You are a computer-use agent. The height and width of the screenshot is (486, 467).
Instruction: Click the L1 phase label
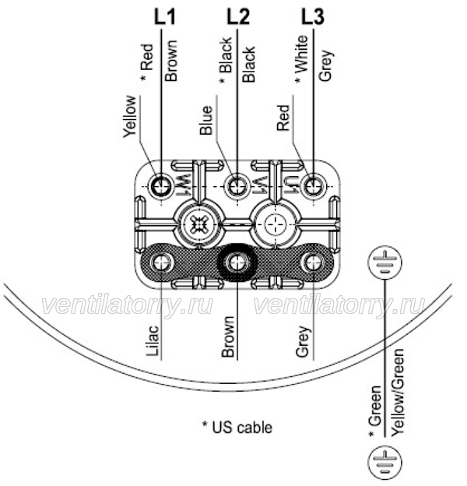coord(165,16)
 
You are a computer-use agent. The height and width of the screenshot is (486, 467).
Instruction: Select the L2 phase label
coord(238,16)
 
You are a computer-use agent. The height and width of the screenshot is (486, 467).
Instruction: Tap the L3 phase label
coord(313,16)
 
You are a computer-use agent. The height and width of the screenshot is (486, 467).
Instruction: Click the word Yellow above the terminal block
coord(130,117)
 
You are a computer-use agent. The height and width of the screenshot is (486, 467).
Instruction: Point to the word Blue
coord(206,120)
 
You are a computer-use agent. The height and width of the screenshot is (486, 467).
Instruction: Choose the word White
coord(301,54)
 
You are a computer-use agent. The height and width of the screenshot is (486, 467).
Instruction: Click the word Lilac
coord(153,340)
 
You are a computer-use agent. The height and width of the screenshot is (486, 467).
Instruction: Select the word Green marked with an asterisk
coord(375,406)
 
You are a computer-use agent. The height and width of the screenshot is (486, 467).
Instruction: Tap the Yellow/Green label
coord(397,393)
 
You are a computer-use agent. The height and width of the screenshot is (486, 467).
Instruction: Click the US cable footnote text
coord(237,428)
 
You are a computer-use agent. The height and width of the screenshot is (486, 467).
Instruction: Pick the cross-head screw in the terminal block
coord(198,224)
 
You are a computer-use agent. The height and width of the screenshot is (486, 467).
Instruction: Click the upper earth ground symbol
coord(385,262)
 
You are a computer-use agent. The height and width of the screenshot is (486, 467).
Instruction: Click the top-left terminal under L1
coord(161,187)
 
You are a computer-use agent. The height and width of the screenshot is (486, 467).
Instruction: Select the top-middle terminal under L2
coord(237,187)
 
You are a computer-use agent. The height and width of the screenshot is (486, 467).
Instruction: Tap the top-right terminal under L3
coord(314,187)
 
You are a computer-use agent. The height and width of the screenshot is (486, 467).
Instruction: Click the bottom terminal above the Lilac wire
coord(161,262)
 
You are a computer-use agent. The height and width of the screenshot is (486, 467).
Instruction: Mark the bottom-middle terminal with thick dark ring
coord(237,262)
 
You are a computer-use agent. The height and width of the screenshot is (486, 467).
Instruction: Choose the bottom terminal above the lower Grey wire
coord(314,262)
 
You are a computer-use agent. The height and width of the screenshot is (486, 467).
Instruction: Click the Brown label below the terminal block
coord(228,336)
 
